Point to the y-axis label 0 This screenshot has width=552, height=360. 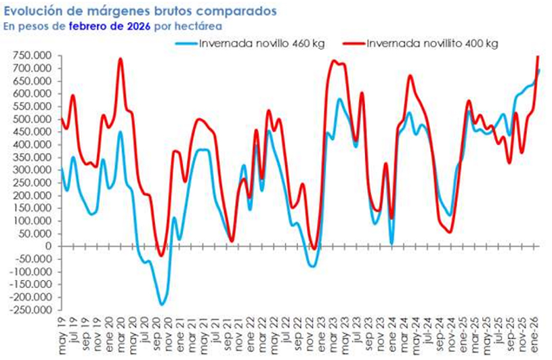tap(47, 246)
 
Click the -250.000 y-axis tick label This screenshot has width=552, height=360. tap(29, 310)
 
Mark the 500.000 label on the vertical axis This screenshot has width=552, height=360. tap(31, 119)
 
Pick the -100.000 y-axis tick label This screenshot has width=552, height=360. tap(29, 272)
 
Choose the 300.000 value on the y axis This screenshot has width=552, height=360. tap(31, 170)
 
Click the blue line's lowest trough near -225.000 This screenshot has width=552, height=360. tap(161, 305)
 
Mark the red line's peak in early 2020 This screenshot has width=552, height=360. tap(121, 59)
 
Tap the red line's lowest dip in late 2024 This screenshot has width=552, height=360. tap(450, 232)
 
